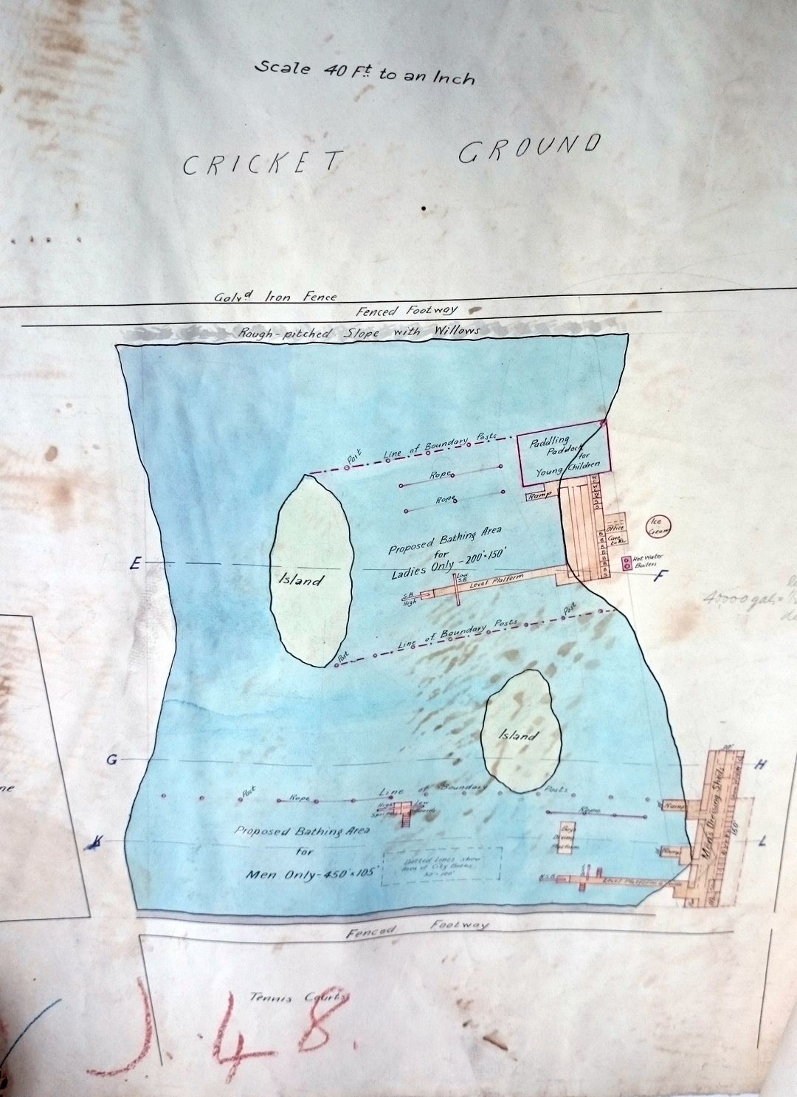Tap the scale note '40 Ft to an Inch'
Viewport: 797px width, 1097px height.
pyautogui.click(x=365, y=72)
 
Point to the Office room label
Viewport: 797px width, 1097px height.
pyautogui.click(x=617, y=528)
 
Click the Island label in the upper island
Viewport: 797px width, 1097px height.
pyautogui.click(x=300, y=580)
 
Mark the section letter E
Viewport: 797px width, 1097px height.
pyautogui.click(x=134, y=565)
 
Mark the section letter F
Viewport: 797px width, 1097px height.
pyautogui.click(x=661, y=576)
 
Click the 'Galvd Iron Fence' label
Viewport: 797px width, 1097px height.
pyautogui.click(x=275, y=297)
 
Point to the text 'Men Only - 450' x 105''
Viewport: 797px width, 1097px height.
pyautogui.click(x=313, y=876)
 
